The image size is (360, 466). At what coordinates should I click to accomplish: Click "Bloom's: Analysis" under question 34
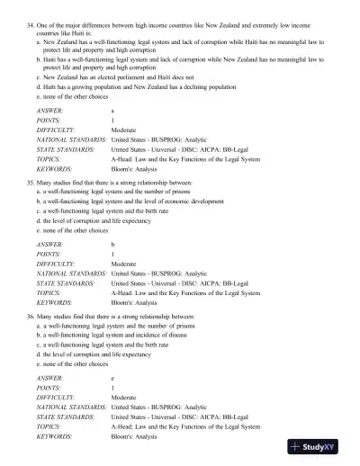coord(136,167)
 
